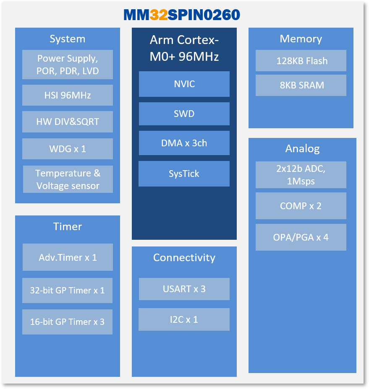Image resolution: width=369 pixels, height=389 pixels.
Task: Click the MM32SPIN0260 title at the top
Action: pyautogui.click(x=182, y=15)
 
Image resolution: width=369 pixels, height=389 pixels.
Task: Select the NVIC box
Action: pyautogui.click(x=184, y=84)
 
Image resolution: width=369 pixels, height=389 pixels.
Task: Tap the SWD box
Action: pyautogui.click(x=184, y=114)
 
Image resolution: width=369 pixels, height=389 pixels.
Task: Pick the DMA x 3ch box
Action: pyautogui.click(x=184, y=143)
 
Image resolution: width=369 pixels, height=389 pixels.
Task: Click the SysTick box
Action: pyautogui.click(x=184, y=174)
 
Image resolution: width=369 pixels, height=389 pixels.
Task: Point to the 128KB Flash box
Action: pyautogui.click(x=301, y=61)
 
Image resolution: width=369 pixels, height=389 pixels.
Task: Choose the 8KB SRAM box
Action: pyautogui.click(x=301, y=85)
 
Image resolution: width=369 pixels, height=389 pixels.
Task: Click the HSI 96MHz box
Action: pyautogui.click(x=68, y=95)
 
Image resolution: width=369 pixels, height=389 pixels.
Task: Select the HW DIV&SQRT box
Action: pyautogui.click(x=68, y=122)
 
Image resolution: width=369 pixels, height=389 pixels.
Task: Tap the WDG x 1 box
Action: pyautogui.click(x=68, y=149)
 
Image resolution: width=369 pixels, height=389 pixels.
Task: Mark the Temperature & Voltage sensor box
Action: pyautogui.click(x=68, y=179)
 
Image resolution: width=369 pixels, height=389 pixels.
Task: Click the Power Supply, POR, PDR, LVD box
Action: pyautogui.click(x=68, y=65)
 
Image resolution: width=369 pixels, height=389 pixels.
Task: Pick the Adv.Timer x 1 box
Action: pyautogui.click(x=68, y=257)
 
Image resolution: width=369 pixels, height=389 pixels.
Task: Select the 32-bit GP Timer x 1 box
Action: pyautogui.click(x=67, y=290)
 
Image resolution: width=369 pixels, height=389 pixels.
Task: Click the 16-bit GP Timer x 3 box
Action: pyautogui.click(x=67, y=322)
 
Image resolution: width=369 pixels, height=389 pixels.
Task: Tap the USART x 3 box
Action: pyautogui.click(x=184, y=289)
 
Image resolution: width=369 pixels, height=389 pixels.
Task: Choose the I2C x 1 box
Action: pyautogui.click(x=184, y=319)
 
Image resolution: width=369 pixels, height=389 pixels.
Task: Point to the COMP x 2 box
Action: pyautogui.click(x=301, y=206)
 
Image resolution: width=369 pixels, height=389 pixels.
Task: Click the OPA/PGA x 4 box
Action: pyautogui.click(x=301, y=237)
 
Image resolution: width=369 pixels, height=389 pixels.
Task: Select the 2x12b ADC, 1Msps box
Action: pyautogui.click(x=301, y=175)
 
